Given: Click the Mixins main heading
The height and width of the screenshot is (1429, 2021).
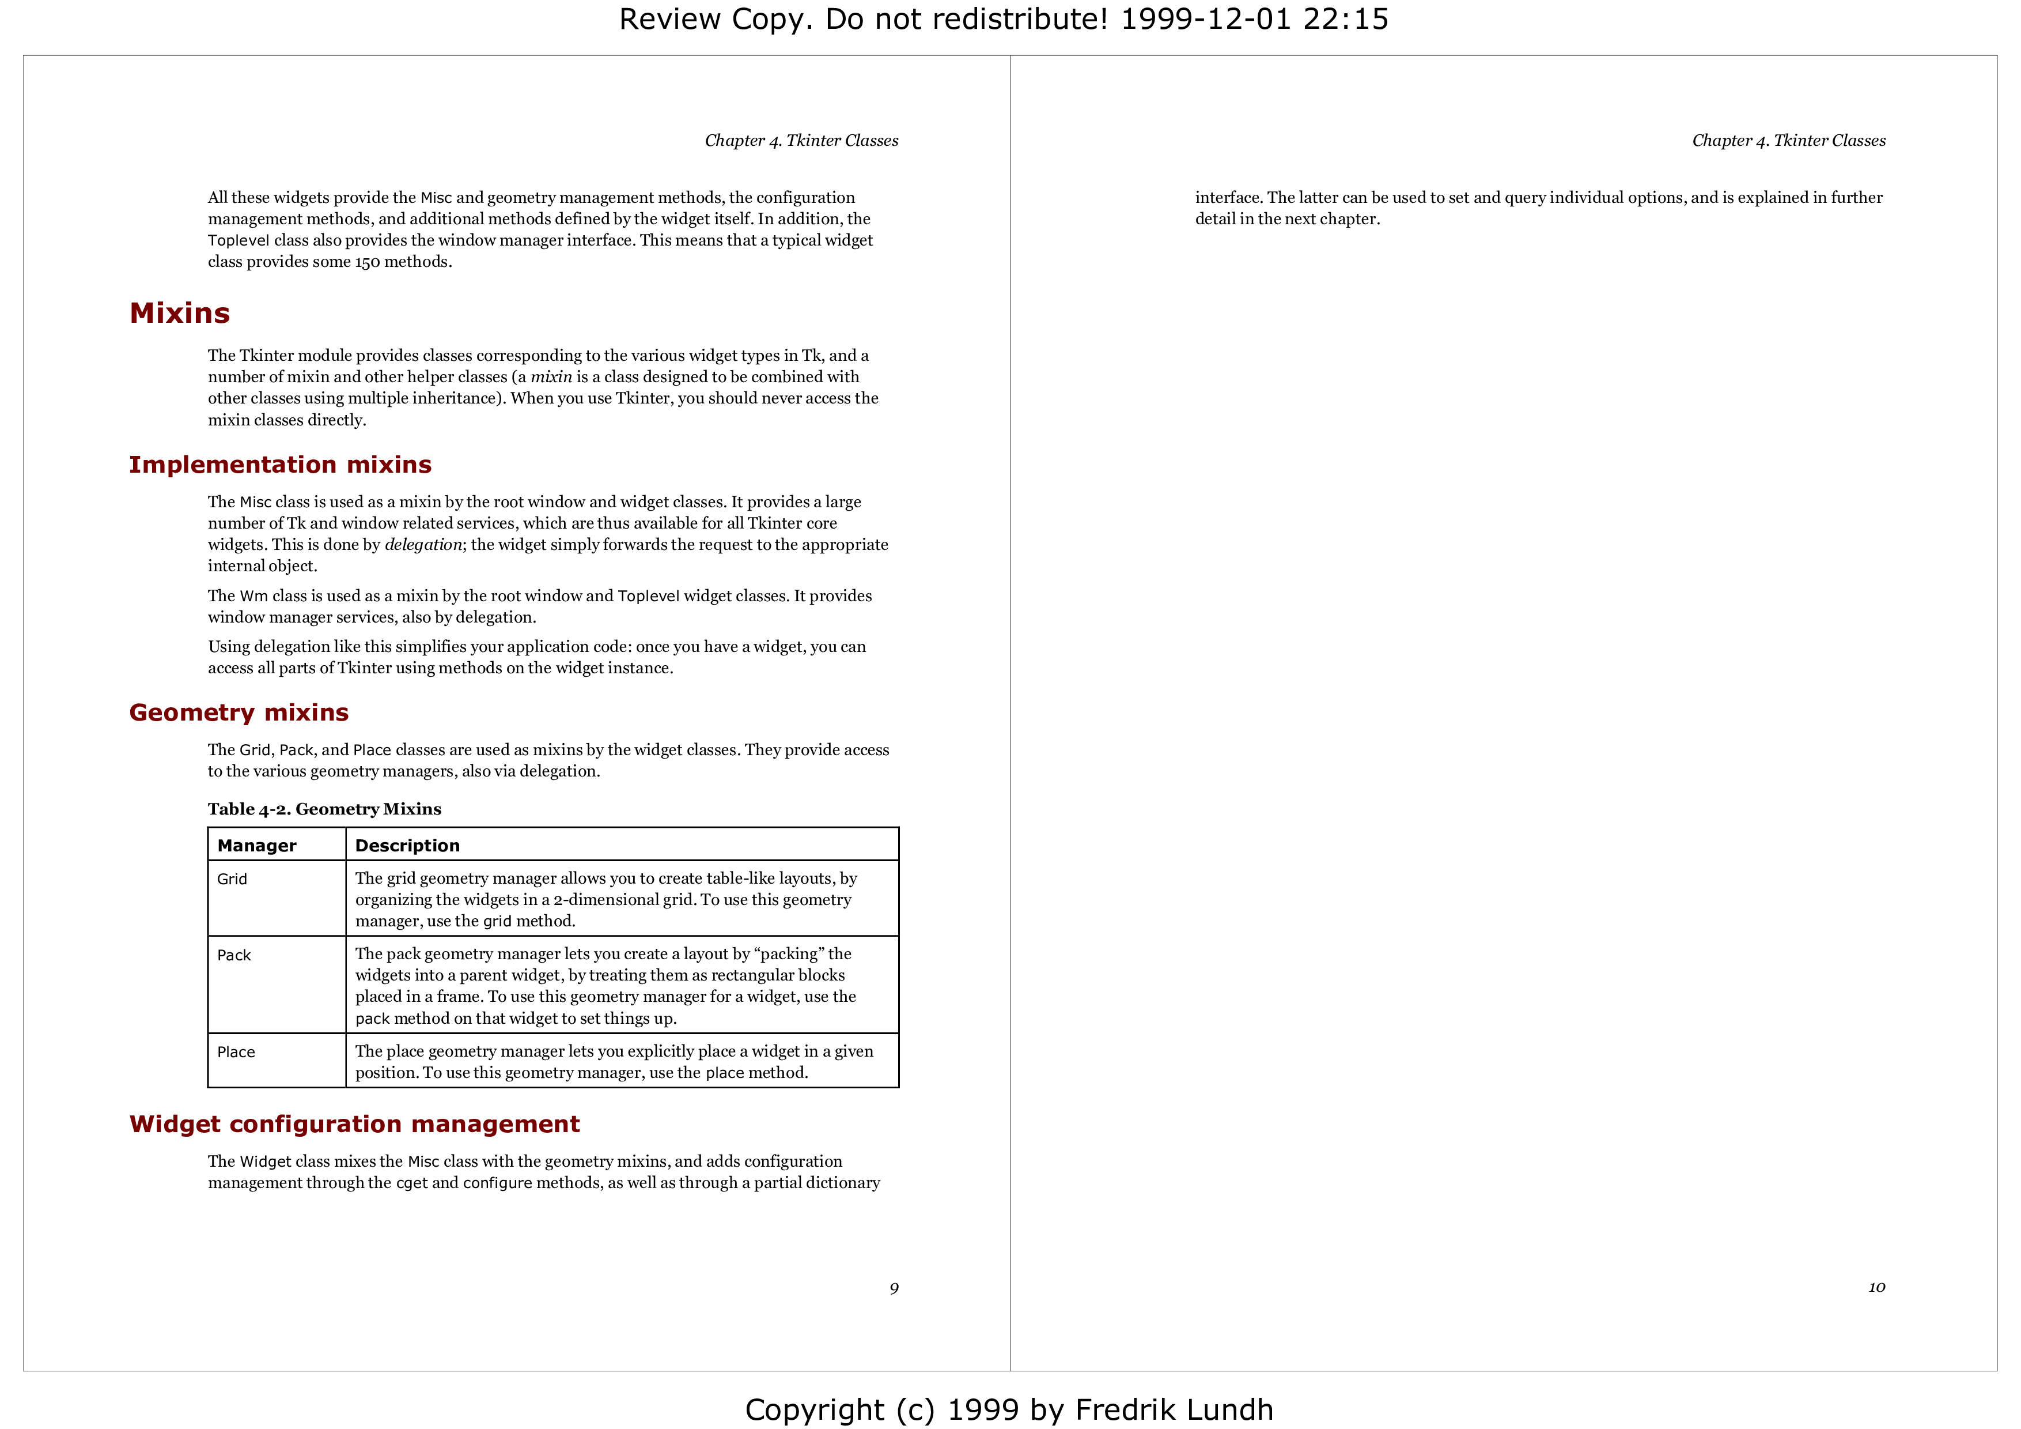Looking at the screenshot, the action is click(x=180, y=314).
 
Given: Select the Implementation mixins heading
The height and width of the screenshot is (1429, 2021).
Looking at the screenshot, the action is click(x=280, y=465).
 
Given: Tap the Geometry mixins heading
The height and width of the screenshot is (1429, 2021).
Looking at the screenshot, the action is click(x=239, y=712).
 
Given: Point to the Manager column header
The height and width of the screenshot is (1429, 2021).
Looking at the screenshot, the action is click(x=257, y=845).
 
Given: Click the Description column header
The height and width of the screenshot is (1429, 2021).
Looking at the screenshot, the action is click(x=407, y=845).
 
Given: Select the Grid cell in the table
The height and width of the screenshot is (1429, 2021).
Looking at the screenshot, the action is click(x=232, y=878).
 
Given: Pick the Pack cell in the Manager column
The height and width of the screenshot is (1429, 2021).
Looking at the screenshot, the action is click(x=234, y=955).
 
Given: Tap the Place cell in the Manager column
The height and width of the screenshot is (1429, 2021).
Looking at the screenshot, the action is click(x=236, y=1052).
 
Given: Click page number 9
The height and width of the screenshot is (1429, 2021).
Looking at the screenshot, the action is click(x=894, y=1289).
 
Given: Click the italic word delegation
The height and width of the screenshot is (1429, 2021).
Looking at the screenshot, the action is click(x=423, y=545).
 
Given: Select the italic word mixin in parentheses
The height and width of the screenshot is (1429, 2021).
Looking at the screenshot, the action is click(x=551, y=377).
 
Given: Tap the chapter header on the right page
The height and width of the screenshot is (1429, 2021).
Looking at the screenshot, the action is click(x=1789, y=141).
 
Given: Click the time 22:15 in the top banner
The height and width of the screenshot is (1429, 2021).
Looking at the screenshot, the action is click(x=1346, y=20).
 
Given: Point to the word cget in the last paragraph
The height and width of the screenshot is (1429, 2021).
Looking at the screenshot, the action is click(x=412, y=1183).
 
